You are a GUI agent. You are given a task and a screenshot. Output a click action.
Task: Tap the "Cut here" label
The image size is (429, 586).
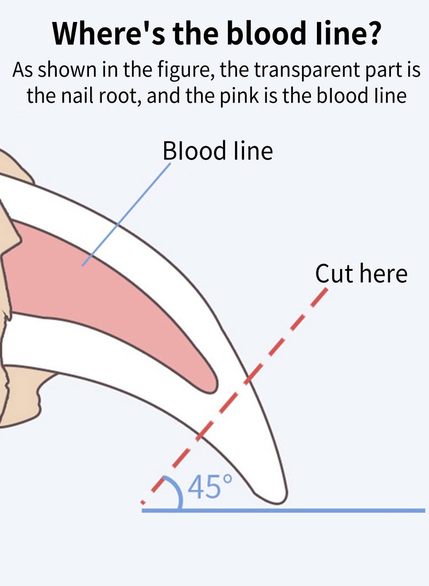pos(361,273)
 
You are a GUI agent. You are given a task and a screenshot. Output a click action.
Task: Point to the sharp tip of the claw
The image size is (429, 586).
pos(281,502)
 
